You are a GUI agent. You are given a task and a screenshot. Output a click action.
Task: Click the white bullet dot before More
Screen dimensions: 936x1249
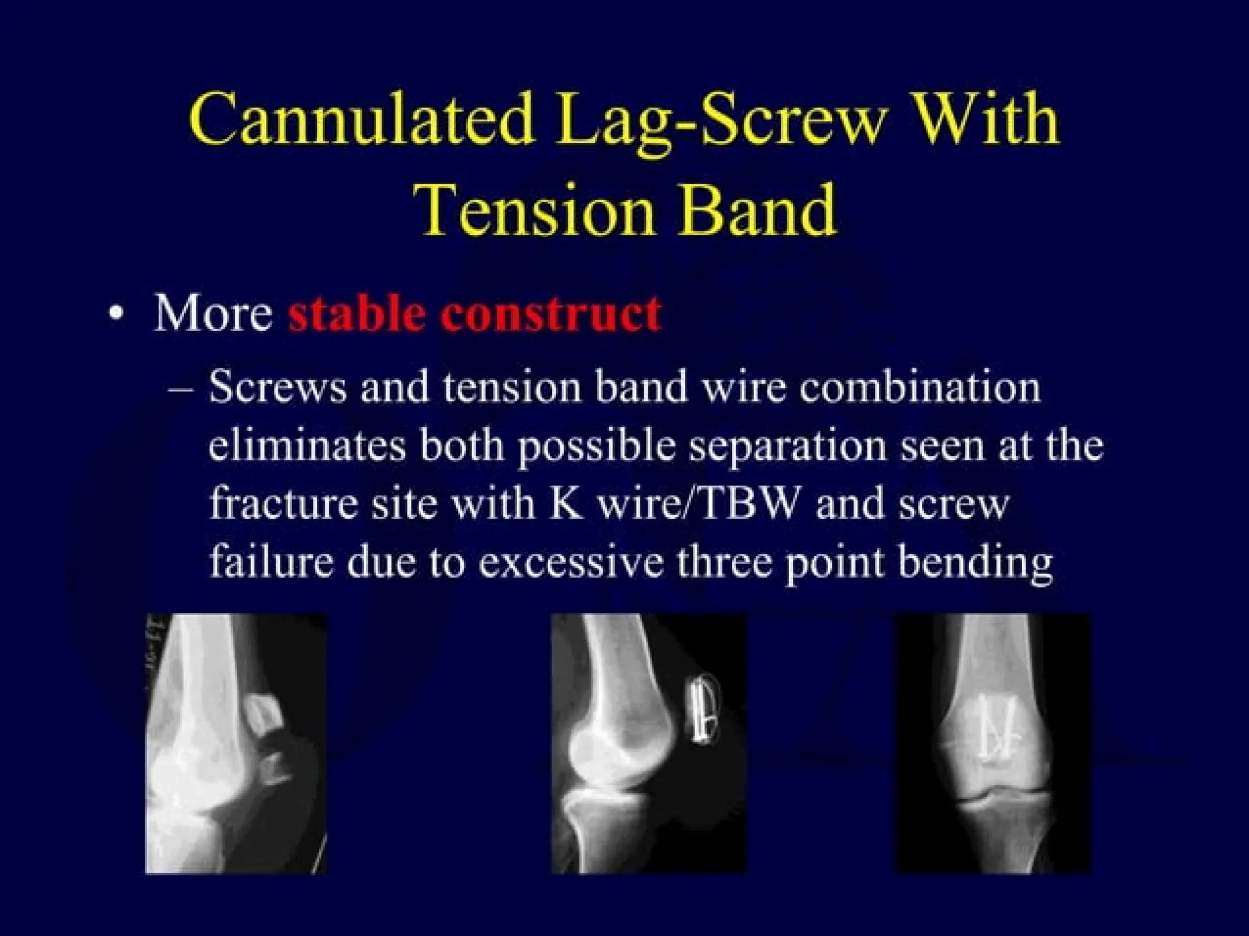[x=116, y=315]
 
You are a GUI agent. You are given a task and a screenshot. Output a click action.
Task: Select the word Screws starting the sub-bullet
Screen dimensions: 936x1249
[x=277, y=388]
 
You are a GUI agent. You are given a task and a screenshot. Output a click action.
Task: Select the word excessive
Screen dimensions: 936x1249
[x=570, y=562]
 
